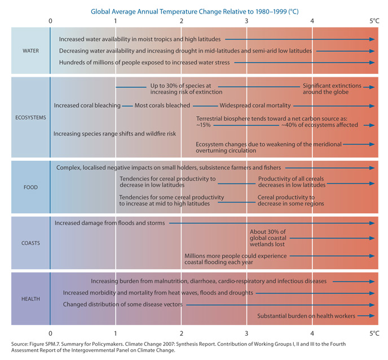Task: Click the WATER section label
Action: [30, 51]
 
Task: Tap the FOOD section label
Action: [30, 187]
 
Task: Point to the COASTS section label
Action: [30, 243]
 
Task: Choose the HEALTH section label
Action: [30, 298]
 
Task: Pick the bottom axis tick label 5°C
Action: [374, 333]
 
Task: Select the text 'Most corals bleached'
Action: [162, 106]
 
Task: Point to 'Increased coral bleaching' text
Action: [87, 106]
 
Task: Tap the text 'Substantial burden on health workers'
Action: [306, 316]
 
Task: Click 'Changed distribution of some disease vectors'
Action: [123, 305]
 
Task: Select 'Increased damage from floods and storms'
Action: [110, 223]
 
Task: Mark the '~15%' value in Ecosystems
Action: [203, 125]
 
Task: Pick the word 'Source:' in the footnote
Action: [21, 344]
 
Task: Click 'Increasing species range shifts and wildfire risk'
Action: [115, 134]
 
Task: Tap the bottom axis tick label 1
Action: [116, 333]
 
